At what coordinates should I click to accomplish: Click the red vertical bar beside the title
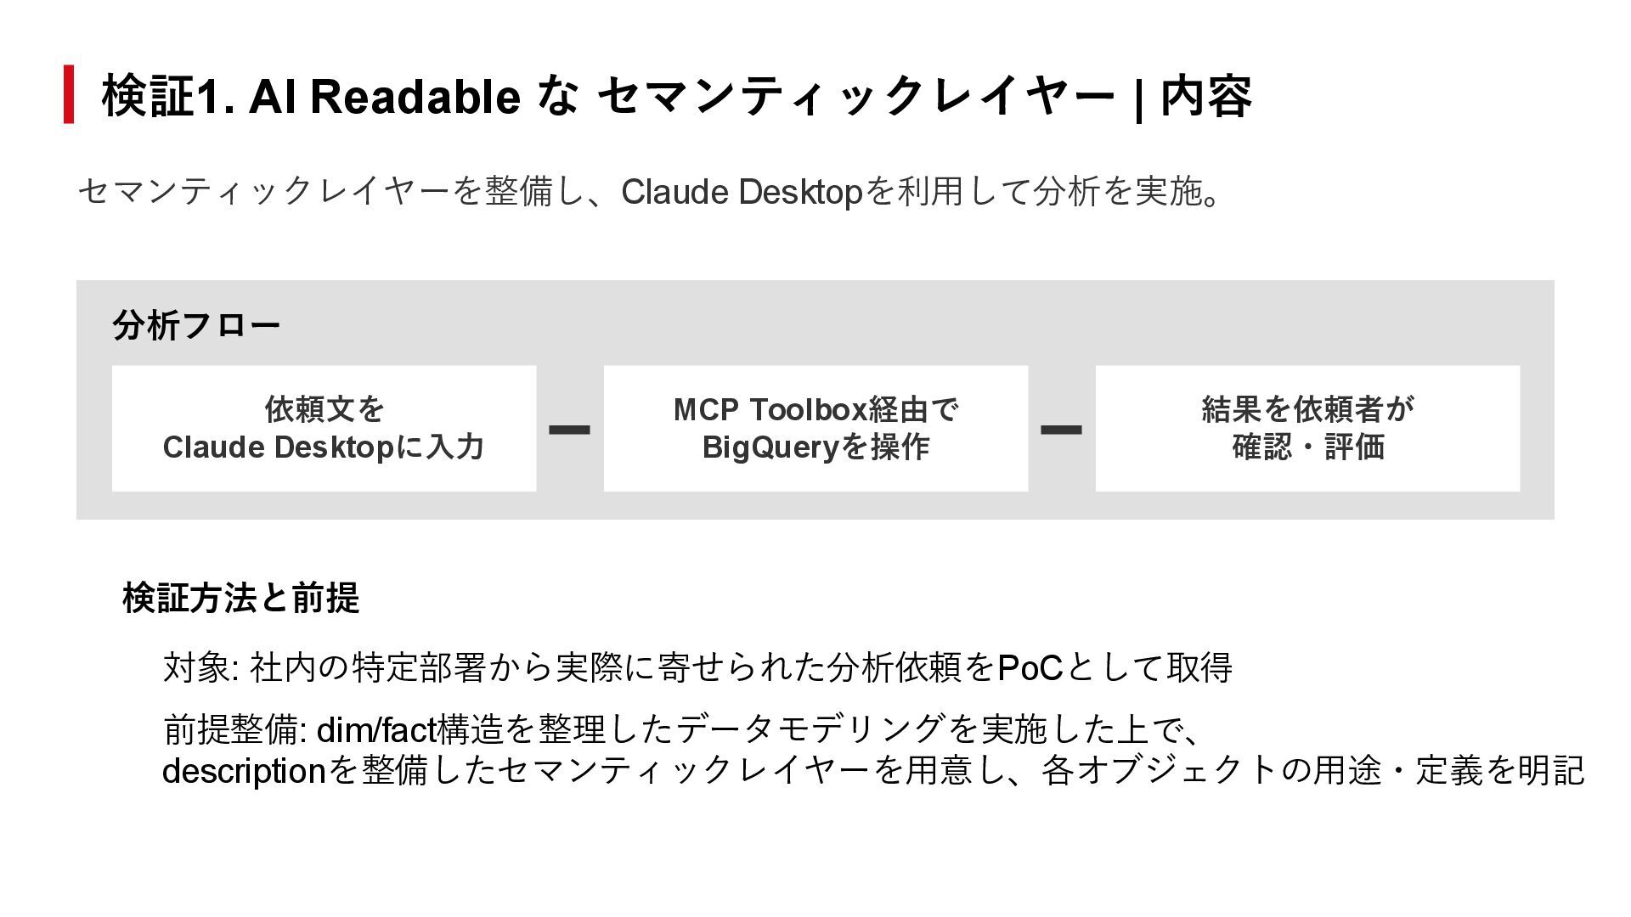(x=69, y=94)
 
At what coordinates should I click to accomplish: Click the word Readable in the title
(x=415, y=96)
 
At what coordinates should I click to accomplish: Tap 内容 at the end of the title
(x=1206, y=96)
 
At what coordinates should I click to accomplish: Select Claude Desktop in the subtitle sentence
(x=742, y=192)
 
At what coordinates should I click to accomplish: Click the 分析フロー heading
(x=196, y=325)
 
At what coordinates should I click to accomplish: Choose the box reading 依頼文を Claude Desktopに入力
(x=324, y=428)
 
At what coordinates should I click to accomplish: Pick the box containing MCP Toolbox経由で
(x=815, y=428)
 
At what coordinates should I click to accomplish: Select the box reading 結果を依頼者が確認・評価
(x=1307, y=428)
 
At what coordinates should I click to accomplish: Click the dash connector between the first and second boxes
(x=570, y=430)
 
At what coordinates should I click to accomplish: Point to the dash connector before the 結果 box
(x=1062, y=430)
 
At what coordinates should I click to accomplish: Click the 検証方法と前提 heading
(x=241, y=598)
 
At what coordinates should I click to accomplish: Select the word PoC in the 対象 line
(x=1030, y=668)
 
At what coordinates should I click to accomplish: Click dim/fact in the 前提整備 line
(x=375, y=729)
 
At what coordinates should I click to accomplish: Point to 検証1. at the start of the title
(x=168, y=96)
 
